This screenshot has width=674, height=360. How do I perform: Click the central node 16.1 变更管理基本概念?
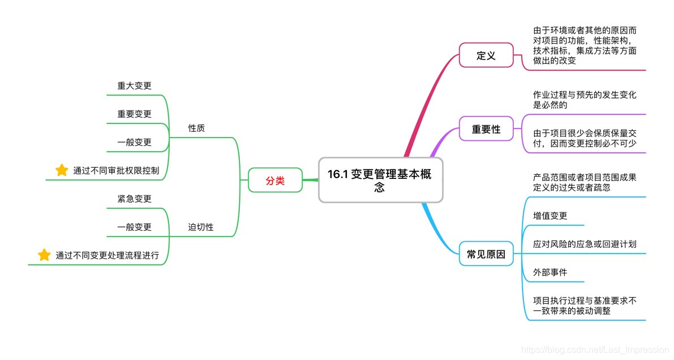pos(380,180)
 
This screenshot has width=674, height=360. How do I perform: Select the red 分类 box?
pos(276,181)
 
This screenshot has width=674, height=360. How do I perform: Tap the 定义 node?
pos(486,55)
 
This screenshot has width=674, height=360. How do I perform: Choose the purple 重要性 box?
pos(486,129)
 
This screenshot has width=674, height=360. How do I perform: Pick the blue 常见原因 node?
pos(486,254)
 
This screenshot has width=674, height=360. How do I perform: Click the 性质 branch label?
pos(196,128)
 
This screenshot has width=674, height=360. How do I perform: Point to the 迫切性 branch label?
pos(201,227)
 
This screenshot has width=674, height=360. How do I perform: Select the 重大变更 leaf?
pos(135,86)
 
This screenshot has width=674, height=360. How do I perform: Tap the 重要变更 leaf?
pos(135,114)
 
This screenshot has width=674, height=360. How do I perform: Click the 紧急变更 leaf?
pos(135,199)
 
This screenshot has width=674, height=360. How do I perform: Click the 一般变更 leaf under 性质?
pos(135,142)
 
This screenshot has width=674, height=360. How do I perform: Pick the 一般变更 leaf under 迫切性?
pos(135,227)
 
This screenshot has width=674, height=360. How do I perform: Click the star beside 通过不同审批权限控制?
pos(62,170)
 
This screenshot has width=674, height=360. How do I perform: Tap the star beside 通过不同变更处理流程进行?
pos(44,255)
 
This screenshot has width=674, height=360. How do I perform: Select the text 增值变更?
pos(550,216)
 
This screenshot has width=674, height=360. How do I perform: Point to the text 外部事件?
pos(550,272)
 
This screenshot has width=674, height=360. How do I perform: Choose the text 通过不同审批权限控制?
pos(116,170)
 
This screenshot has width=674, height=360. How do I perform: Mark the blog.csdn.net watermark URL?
pos(595,350)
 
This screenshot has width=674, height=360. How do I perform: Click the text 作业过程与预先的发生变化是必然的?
pos(585,100)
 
